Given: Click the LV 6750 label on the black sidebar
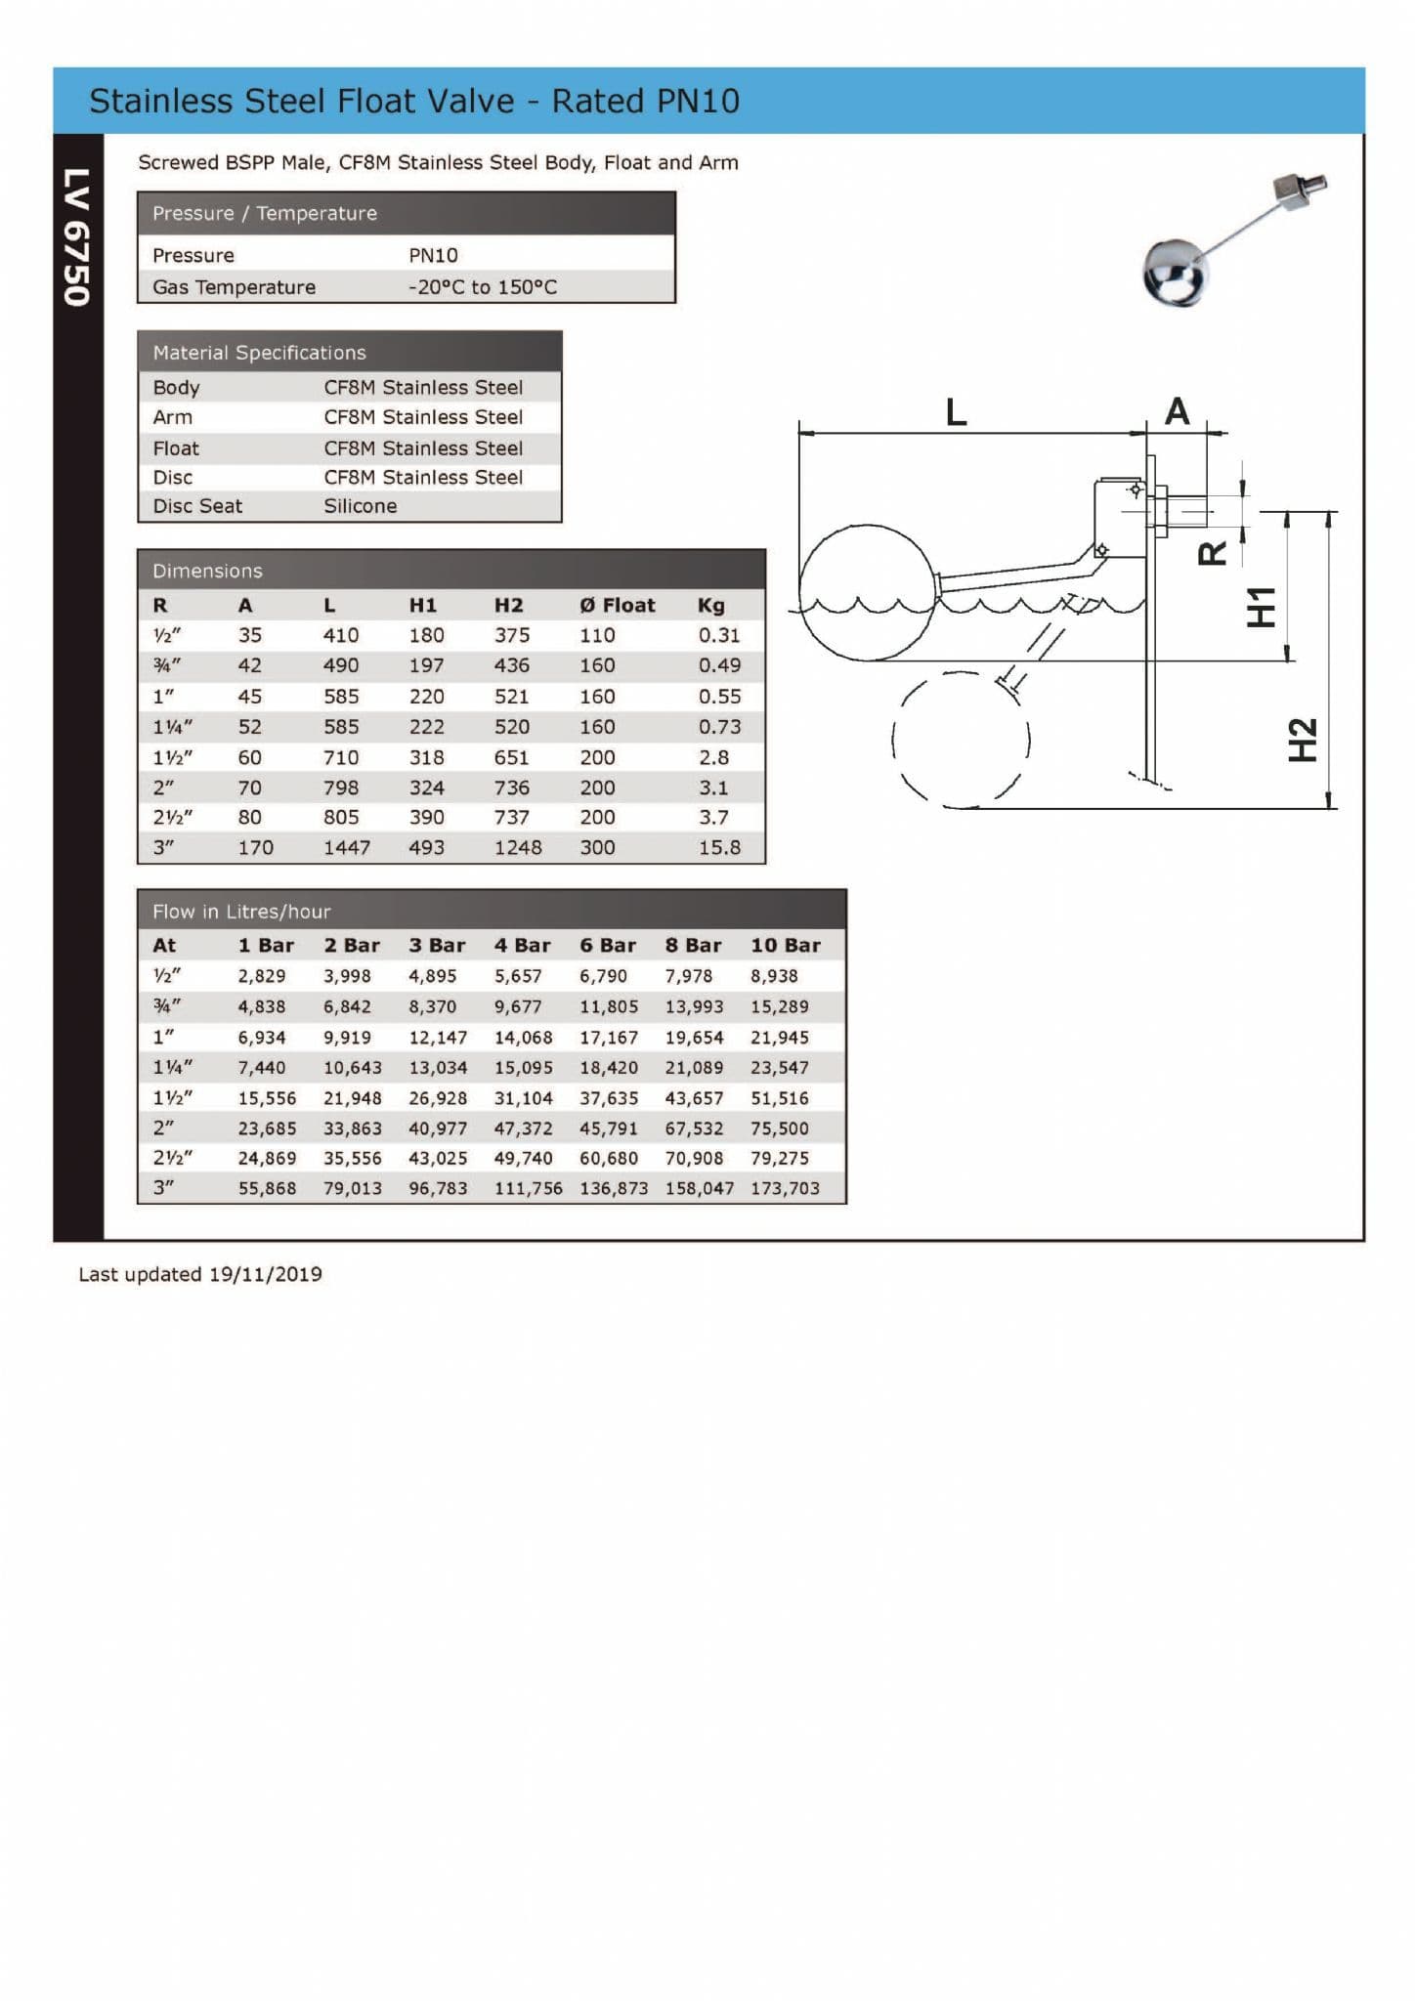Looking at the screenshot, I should click(x=77, y=237).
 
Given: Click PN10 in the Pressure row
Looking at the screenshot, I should click(x=433, y=255).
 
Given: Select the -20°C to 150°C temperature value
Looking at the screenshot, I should click(x=482, y=287).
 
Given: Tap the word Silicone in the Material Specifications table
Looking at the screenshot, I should click(x=360, y=506).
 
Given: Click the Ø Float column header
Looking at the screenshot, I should click(x=617, y=605).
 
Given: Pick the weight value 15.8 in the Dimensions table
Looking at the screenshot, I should click(x=719, y=848).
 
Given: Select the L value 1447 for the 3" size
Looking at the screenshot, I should click(x=347, y=848).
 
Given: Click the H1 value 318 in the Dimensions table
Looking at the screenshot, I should click(x=426, y=757).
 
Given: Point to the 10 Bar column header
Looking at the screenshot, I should click(x=785, y=945).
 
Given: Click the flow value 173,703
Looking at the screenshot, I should click(x=785, y=1188).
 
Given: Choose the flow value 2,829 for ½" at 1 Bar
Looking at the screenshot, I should click(x=262, y=976).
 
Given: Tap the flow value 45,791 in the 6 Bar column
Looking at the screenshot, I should click(x=608, y=1128).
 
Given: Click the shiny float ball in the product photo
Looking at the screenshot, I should click(x=1176, y=273).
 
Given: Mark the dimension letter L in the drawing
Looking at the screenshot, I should click(x=956, y=412).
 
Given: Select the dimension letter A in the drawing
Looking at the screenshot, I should click(x=1178, y=411).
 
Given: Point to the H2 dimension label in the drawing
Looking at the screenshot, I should click(x=1304, y=740).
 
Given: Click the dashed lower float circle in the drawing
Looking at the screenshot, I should click(x=960, y=740).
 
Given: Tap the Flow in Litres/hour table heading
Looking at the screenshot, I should click(x=241, y=912).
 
